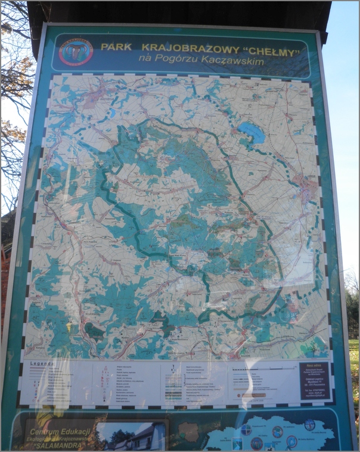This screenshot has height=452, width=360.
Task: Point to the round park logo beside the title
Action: [x=77, y=52]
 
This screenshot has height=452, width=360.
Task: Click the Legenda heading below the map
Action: [x=42, y=364]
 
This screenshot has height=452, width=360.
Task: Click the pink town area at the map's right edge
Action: [x=308, y=189]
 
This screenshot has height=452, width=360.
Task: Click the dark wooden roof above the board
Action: [x=179, y=12]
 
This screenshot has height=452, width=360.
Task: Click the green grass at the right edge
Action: [x=354, y=363]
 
